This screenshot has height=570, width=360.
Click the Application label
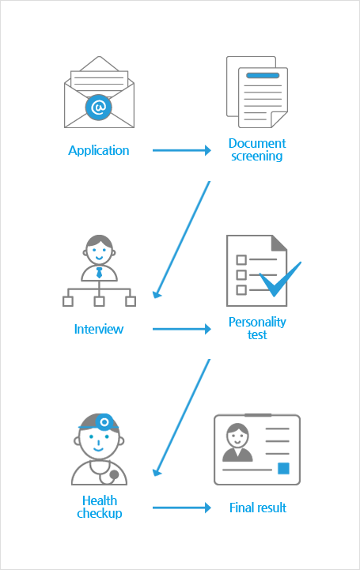click(99, 150)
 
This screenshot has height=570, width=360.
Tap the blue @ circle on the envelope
click(99, 108)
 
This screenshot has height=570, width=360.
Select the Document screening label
click(257, 149)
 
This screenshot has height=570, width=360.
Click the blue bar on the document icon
click(263, 76)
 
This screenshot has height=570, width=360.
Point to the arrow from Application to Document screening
click(182, 150)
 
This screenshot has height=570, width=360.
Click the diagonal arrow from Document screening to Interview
click(181, 240)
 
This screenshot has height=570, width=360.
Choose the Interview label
click(99, 329)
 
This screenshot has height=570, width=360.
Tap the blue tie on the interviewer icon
click(99, 273)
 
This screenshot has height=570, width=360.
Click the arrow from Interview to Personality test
click(182, 329)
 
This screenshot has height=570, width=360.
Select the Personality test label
click(257, 328)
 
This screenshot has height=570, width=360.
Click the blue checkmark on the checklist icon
click(280, 279)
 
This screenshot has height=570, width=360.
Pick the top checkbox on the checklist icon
click(241, 259)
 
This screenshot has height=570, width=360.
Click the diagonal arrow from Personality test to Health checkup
click(181, 418)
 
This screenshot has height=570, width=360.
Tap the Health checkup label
click(99, 507)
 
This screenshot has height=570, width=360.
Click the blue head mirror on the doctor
click(104, 422)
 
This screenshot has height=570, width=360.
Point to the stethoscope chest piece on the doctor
click(114, 474)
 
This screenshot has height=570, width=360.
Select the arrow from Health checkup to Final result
click(182, 508)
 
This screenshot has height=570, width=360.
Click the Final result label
click(258, 508)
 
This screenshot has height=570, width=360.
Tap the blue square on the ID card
click(283, 469)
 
